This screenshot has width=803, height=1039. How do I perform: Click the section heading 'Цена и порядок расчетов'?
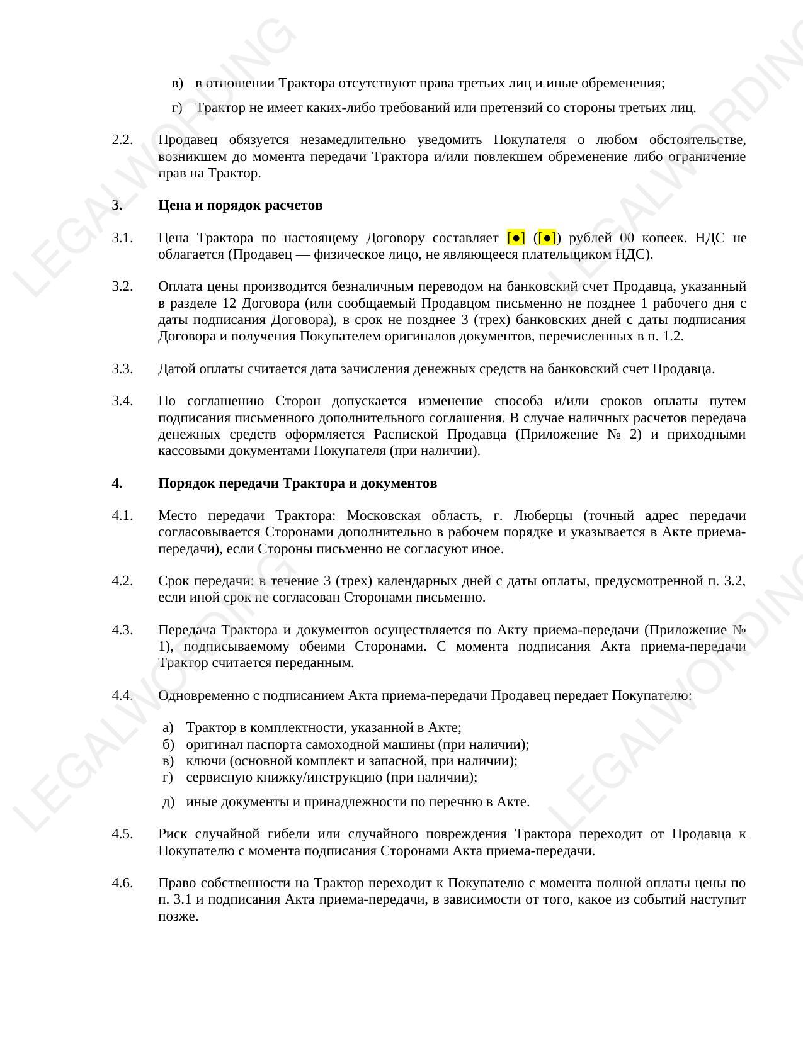tap(240, 205)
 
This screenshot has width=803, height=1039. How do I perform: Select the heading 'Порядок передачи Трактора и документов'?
tap(297, 483)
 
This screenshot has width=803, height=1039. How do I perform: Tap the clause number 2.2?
tap(122, 140)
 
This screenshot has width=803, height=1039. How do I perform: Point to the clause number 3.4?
tap(122, 401)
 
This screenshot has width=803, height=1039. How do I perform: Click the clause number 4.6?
tap(122, 883)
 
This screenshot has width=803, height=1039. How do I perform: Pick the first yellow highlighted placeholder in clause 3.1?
tap(516, 238)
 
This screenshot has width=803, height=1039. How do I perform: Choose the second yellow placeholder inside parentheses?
tap(547, 238)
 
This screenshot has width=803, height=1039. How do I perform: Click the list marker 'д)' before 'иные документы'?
tap(168, 802)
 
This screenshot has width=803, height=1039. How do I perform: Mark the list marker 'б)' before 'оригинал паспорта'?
tap(168, 744)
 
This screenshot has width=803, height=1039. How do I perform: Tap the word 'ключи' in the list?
tap(205, 761)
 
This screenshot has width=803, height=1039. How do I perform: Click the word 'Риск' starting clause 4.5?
tap(171, 834)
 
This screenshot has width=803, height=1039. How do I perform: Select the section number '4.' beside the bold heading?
tap(117, 483)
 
